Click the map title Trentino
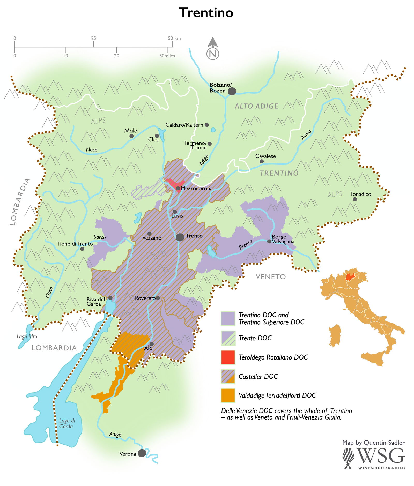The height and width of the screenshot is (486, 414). (206, 13)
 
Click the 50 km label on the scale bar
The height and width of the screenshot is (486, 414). (174, 38)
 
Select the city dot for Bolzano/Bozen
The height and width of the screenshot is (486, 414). (232, 91)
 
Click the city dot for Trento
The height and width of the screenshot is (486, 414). (180, 237)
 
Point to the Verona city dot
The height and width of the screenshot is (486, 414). (142, 453)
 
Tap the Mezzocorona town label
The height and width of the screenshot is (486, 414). (197, 188)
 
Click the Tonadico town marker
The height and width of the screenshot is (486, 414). (355, 199)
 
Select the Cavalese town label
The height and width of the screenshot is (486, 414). (265, 156)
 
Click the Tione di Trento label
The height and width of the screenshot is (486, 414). (75, 244)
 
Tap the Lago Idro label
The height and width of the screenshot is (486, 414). (27, 336)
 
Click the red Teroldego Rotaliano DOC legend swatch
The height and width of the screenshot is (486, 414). (228, 357)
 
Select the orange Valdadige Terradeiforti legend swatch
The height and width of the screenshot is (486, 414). (228, 395)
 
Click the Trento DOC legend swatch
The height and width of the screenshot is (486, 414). (228, 338)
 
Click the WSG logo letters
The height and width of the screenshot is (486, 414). (381, 455)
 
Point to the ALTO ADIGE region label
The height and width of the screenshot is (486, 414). (256, 106)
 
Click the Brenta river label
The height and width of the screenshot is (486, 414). (246, 244)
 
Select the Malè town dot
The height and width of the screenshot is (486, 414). (131, 136)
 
